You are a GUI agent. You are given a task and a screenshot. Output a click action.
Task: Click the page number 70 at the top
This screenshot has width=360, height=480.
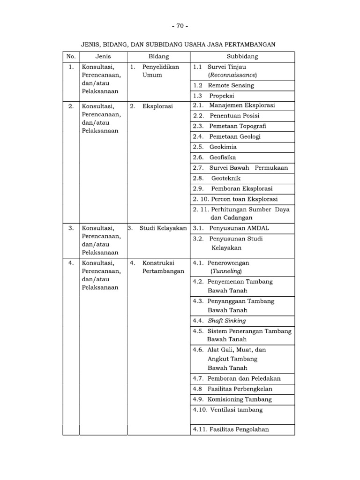click(180, 26)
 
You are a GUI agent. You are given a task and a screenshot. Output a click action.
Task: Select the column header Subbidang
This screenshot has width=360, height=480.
click(242, 57)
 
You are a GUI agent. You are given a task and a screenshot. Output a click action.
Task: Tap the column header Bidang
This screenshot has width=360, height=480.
click(158, 57)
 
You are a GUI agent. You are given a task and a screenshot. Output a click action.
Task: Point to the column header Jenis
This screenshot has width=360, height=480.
click(103, 57)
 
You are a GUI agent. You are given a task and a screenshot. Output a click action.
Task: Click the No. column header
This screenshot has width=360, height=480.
click(71, 57)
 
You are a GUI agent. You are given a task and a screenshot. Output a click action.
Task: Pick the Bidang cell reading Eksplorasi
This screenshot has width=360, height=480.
click(158, 106)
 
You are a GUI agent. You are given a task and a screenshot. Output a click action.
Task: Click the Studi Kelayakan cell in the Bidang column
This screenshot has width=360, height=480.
click(163, 228)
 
